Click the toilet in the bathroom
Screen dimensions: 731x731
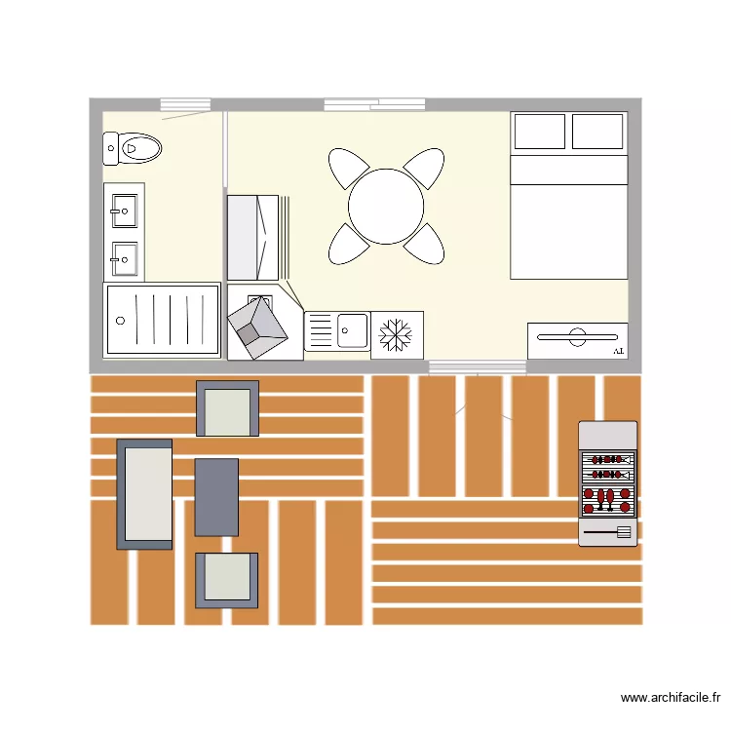pos(135,148)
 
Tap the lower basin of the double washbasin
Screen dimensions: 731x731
pos(124,258)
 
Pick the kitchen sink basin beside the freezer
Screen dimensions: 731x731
pos(352,330)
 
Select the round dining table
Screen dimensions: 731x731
pos(386,207)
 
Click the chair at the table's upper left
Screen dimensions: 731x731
pos(348,169)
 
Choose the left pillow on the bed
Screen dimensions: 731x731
pos(539,132)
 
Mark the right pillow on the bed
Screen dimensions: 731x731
pos(596,132)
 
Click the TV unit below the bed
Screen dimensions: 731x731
pos(577,340)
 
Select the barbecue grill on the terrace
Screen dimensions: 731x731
pos(607,483)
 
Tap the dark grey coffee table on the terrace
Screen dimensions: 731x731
pos(216,497)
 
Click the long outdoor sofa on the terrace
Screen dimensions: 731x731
pos(144,493)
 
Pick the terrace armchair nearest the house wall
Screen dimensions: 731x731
pos(228,408)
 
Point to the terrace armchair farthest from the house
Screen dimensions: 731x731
pos(227,579)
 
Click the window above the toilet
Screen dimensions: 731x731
pos(185,104)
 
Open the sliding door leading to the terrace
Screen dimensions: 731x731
pos(478,366)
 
